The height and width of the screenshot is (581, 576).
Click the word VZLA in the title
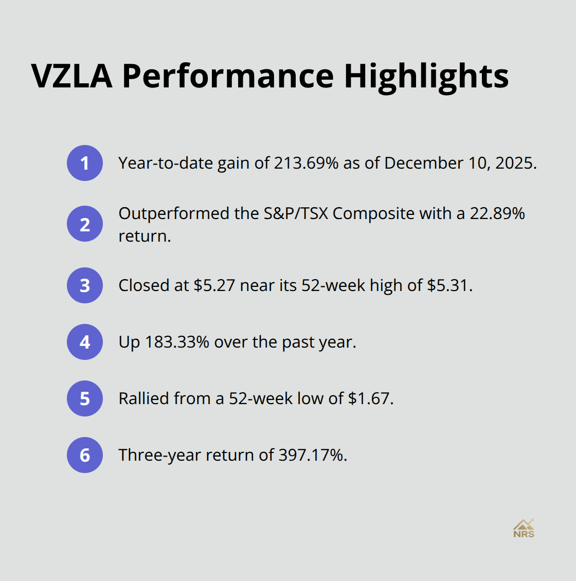tap(71, 76)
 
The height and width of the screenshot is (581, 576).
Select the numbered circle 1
tap(85, 163)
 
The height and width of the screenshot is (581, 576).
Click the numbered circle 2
tap(85, 224)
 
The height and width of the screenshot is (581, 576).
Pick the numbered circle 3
tap(85, 285)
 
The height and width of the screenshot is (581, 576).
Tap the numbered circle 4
tap(85, 342)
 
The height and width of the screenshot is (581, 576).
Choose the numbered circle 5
tap(85, 398)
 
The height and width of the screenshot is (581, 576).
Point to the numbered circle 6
tap(85, 455)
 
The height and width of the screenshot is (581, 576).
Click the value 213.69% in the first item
tap(306, 163)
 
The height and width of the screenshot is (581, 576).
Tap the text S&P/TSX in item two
tap(296, 213)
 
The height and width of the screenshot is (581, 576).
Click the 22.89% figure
tap(497, 213)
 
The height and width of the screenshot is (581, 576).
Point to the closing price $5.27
tap(214, 285)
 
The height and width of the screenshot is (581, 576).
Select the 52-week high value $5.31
tap(449, 285)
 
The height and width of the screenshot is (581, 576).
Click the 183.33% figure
tap(177, 342)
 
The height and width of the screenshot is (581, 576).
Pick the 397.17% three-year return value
tap(312, 455)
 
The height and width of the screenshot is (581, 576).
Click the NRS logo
tap(524, 528)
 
